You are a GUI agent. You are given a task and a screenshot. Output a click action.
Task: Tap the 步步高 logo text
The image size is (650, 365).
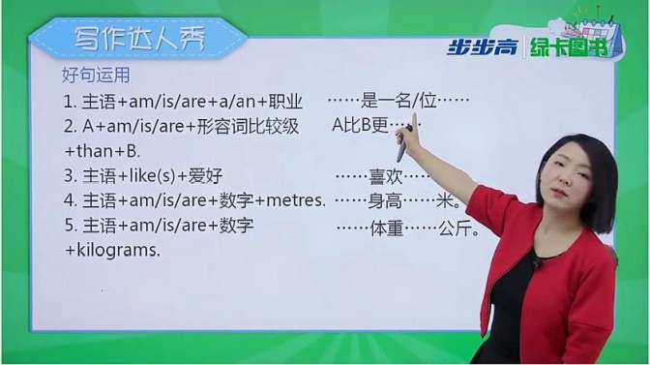tap(481, 46)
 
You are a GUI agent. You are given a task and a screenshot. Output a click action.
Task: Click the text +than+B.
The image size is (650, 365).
tap(103, 152)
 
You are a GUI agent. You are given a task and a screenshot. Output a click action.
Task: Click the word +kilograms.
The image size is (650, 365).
tap(112, 250)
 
